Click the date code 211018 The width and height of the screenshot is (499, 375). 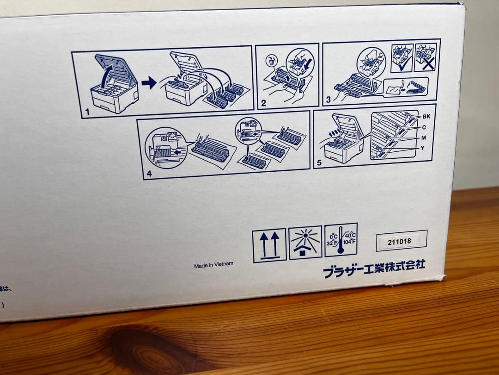point(400,241)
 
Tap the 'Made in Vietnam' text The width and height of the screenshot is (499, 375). point(213,264)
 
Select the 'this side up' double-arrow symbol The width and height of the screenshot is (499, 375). point(269,245)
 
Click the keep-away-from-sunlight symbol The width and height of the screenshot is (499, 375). point(305,243)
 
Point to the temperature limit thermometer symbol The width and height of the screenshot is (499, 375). point(341,240)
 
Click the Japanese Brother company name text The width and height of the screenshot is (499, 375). point(374,269)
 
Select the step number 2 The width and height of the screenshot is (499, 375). point(263,103)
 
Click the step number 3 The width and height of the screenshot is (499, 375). point(328,99)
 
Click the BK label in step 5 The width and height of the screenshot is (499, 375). point(426,117)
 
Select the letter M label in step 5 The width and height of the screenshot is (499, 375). point(424,138)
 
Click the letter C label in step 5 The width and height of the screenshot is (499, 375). point(424,127)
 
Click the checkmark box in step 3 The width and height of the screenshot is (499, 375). point(402,58)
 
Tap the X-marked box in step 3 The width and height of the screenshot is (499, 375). point(425,58)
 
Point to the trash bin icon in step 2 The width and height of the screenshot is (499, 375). point(271,61)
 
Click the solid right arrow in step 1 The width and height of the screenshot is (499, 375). point(149,83)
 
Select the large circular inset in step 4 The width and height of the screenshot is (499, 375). point(165,148)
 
